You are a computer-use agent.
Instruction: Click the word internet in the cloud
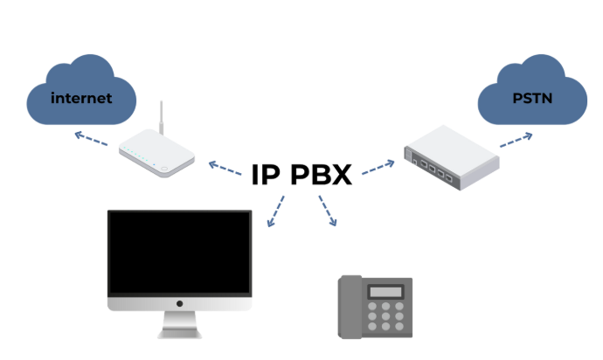[81, 98]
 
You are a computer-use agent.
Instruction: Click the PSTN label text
[531, 98]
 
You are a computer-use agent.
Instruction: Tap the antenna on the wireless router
[161, 117]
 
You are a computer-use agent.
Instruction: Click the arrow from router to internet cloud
[90, 138]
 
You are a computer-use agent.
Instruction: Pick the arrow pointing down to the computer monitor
[275, 211]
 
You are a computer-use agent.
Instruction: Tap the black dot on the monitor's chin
[179, 304]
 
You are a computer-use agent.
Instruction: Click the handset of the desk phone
[350, 305]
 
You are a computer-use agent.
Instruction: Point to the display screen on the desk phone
[385, 292]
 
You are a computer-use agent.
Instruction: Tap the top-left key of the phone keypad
[373, 307]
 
